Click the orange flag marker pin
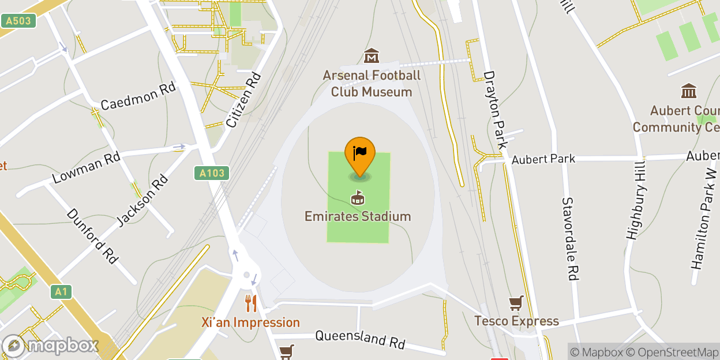(x=360, y=153)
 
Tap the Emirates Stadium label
(x=358, y=216)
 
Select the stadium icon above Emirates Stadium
(x=358, y=198)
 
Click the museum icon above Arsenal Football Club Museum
(x=372, y=57)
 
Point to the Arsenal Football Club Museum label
(x=372, y=84)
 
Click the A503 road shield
(x=18, y=21)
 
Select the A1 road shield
(x=61, y=292)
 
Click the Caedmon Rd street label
(x=138, y=96)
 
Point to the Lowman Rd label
(x=86, y=168)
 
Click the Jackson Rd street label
(x=142, y=200)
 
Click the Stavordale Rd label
(x=569, y=239)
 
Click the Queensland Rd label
(x=360, y=339)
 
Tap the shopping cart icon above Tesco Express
(x=516, y=303)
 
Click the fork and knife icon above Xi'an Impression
(x=250, y=303)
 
